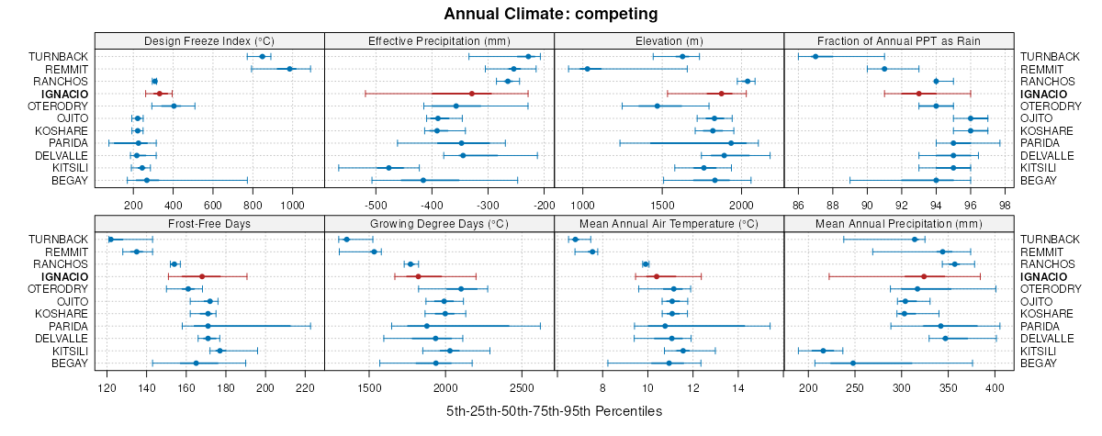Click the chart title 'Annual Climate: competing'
(x=550, y=14)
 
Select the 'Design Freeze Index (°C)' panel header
(x=209, y=40)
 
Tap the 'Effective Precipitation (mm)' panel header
(x=439, y=40)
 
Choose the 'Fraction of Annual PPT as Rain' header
(x=899, y=40)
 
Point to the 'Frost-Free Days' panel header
(x=209, y=223)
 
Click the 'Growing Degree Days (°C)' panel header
(x=439, y=223)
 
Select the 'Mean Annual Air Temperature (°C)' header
(x=669, y=223)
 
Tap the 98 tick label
(x=1005, y=205)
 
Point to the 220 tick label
(x=306, y=387)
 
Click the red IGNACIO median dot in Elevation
(x=722, y=94)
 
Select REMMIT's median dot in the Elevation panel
(x=587, y=69)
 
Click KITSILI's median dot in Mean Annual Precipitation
(x=823, y=351)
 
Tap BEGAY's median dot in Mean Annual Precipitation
(x=853, y=363)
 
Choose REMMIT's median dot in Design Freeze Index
(x=289, y=69)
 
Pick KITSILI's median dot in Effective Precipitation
(x=388, y=168)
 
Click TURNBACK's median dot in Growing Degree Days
(x=346, y=240)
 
